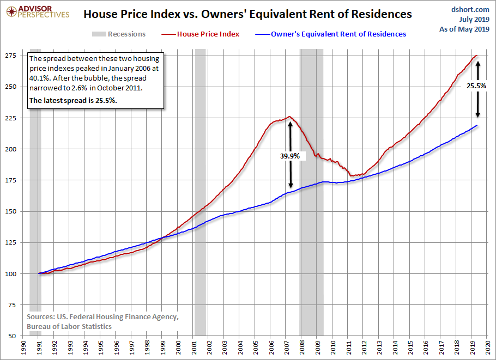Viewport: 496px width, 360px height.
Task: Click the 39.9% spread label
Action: tap(290, 156)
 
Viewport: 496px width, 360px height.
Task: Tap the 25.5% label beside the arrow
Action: tap(476, 86)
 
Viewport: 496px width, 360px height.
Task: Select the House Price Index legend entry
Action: tap(200, 34)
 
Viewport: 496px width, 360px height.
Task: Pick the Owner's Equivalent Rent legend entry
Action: tap(330, 34)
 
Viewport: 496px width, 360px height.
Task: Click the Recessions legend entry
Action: tap(119, 34)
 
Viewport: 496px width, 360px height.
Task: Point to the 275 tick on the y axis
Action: tap(10, 56)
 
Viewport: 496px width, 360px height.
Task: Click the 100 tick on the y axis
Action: tap(10, 274)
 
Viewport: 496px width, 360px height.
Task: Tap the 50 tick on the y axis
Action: tap(13, 336)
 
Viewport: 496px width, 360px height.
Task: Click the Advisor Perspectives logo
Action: tap(38, 12)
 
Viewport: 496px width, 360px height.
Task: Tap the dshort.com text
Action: tap(470, 9)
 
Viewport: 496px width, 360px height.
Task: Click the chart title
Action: tap(247, 14)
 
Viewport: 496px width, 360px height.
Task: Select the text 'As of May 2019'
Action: tap(464, 29)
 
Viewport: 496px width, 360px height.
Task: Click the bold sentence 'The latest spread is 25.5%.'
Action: tap(73, 101)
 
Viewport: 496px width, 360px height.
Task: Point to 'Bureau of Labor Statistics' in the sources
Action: tap(69, 326)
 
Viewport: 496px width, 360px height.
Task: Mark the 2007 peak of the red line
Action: tap(289, 117)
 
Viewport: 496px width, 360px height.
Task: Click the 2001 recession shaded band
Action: tap(200, 192)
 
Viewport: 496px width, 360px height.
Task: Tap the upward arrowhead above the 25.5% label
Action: tap(477, 63)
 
